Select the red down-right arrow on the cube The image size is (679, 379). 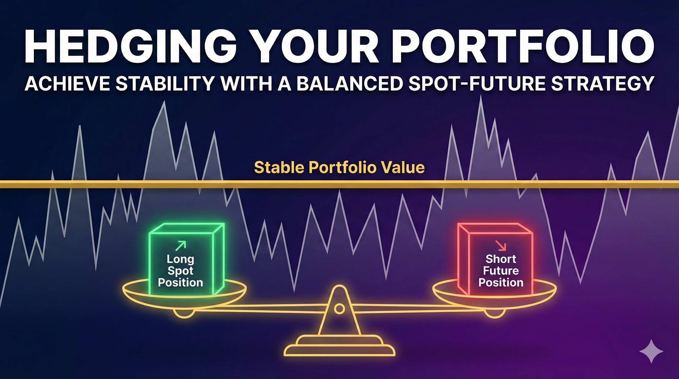(501, 245)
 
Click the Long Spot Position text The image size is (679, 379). (180, 271)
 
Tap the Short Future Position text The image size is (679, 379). (501, 271)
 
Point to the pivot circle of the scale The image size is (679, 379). (339, 308)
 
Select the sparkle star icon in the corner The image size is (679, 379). (651, 351)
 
